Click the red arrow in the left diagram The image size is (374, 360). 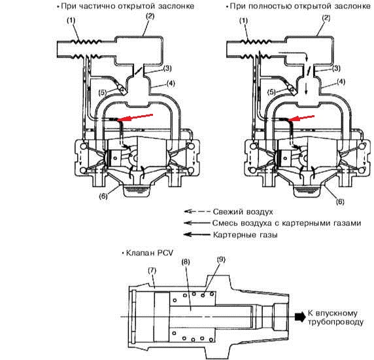tap(135, 117)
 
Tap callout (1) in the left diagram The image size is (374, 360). tap(71, 20)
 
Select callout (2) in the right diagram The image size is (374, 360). tap(326, 18)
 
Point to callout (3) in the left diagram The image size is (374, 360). tap(167, 68)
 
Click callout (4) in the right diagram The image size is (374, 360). tap(342, 82)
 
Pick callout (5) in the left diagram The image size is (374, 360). tap(103, 92)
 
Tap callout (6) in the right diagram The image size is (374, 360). tap(340, 202)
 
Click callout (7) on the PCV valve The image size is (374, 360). tap(152, 270)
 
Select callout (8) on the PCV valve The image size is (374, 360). tap(186, 262)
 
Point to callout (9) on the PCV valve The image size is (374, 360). tap(221, 259)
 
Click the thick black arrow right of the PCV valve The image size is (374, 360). tap(300, 317)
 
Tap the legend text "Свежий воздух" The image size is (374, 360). tap(243, 212)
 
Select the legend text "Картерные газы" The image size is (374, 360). tap(245, 235)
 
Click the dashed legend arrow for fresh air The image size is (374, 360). tap(197, 211)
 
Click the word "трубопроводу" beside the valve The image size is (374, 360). tap(335, 322)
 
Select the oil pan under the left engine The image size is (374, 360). tap(136, 190)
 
